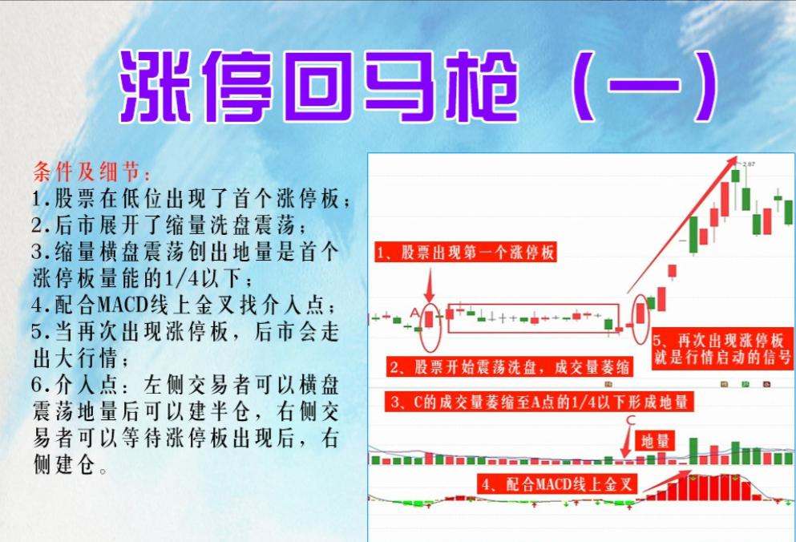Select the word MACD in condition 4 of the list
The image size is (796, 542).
123,305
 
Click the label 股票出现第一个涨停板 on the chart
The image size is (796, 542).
466,253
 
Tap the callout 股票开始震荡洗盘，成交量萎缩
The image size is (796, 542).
508,367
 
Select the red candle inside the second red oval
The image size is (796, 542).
640,311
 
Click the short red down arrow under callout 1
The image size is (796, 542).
430,285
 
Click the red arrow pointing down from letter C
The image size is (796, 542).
626,442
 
